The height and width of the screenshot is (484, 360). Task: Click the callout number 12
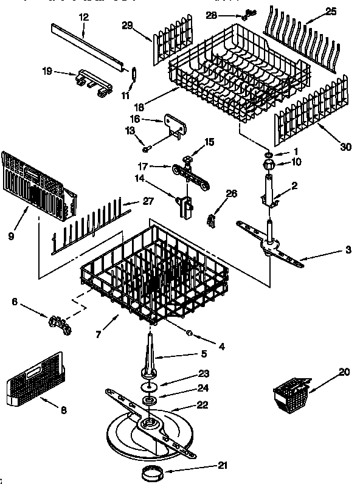(x=84, y=17)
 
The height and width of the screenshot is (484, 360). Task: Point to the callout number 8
(x=63, y=410)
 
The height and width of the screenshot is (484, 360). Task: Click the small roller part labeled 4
(x=190, y=333)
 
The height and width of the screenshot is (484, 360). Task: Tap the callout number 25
(x=331, y=11)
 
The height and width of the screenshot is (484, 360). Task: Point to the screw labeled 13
(x=147, y=148)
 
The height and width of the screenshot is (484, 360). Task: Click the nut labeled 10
(x=268, y=164)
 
